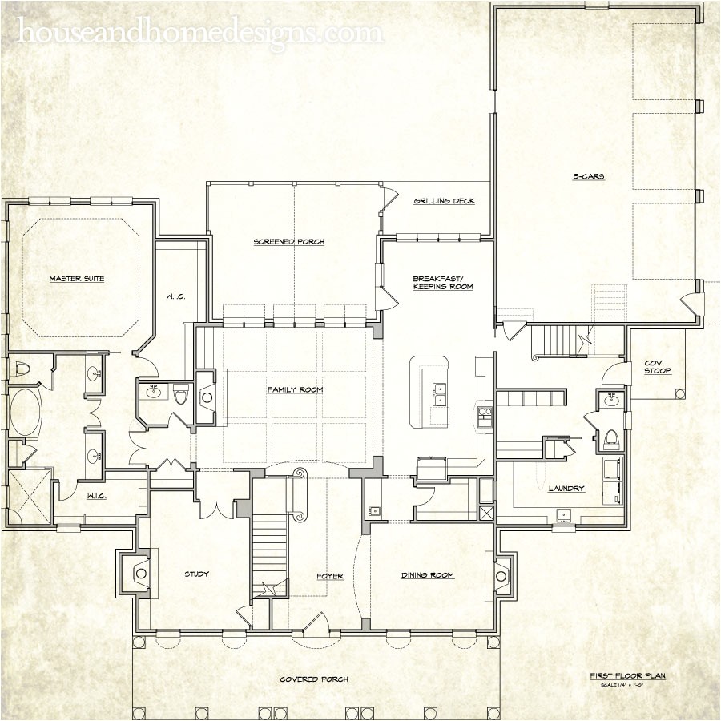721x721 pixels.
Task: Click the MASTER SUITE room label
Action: pyautogui.click(x=77, y=279)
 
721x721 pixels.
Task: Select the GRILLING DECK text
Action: pyautogui.click(x=445, y=201)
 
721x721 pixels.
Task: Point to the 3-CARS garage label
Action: pyautogui.click(x=588, y=175)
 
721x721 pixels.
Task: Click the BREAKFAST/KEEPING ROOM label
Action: pyautogui.click(x=443, y=282)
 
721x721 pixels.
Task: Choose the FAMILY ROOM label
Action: pyautogui.click(x=295, y=389)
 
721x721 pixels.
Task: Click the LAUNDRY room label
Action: pyautogui.click(x=566, y=488)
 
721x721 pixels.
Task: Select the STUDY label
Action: pyautogui.click(x=197, y=574)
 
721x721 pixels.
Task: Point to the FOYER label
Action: pyautogui.click(x=329, y=576)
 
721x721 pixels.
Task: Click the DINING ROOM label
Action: pyautogui.click(x=428, y=575)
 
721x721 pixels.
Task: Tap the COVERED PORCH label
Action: pyautogui.click(x=314, y=679)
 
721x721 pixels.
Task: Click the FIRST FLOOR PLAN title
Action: pyautogui.click(x=627, y=676)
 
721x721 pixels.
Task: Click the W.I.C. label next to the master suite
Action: pyautogui.click(x=177, y=297)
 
